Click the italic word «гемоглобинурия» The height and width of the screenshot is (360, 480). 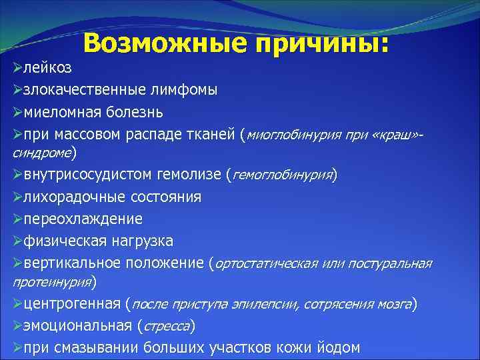tap(281, 175)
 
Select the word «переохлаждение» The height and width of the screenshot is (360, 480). tap(83, 219)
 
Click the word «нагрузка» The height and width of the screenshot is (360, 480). tap(142, 240)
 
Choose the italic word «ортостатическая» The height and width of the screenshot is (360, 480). tap(266, 263)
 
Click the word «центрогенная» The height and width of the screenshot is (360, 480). tap(71, 305)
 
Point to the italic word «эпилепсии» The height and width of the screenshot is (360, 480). tap(264, 305)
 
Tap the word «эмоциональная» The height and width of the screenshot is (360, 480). tap(77, 327)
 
